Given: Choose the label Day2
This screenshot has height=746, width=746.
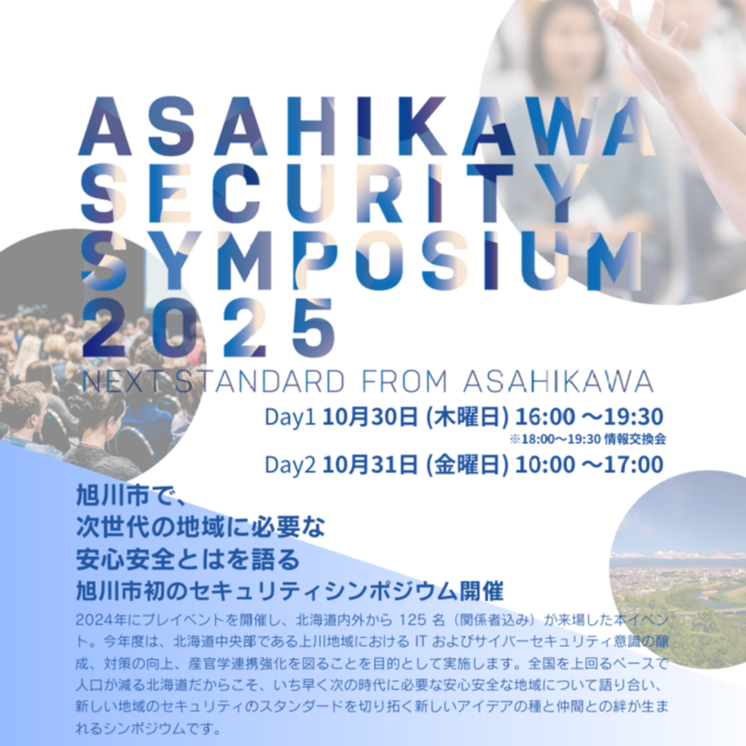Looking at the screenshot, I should pyautogui.click(x=289, y=465).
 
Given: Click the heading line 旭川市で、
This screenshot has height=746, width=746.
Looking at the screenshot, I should pyautogui.click(x=132, y=496).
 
